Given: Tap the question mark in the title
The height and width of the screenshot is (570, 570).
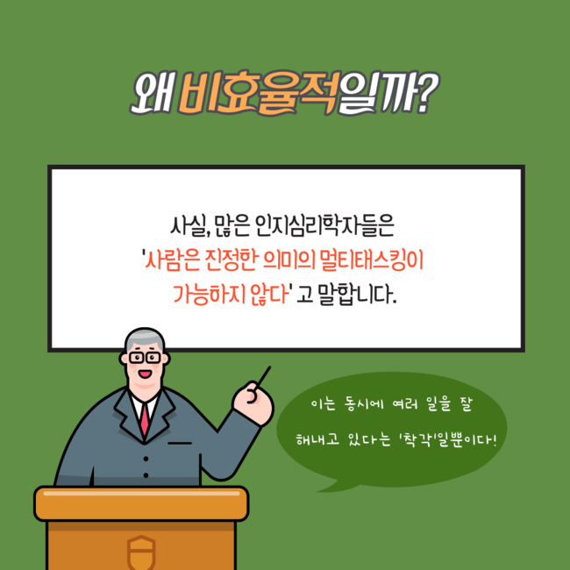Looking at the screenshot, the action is (x=424, y=93).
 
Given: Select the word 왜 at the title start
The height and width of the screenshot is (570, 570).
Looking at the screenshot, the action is (x=153, y=93).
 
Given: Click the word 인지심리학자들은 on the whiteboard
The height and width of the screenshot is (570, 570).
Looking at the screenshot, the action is (x=324, y=225).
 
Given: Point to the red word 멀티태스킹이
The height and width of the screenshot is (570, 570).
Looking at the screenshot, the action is (x=372, y=260).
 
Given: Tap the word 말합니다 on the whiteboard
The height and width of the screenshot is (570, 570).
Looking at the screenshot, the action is (x=357, y=295).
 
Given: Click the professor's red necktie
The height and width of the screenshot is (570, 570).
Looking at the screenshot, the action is (x=145, y=418).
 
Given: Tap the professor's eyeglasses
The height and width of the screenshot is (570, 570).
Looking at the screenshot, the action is (x=145, y=358).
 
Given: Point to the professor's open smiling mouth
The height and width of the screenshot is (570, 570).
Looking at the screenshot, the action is (x=145, y=374).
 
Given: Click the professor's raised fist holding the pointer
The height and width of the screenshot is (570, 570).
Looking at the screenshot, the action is (x=253, y=403).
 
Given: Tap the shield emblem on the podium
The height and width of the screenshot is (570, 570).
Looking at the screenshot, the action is (x=141, y=552).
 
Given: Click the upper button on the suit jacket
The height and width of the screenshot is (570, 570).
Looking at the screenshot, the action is (x=146, y=459).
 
